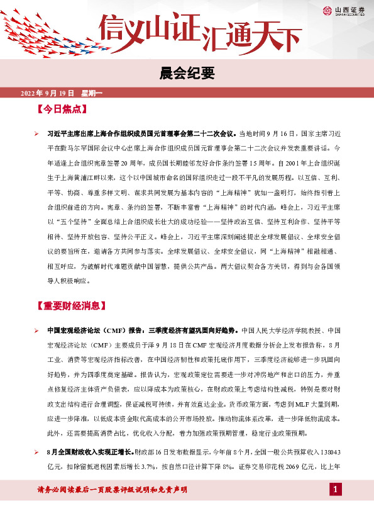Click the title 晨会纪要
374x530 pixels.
pos(187,74)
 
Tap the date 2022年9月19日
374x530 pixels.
pos(48,93)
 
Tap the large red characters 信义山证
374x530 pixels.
pos(151,28)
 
